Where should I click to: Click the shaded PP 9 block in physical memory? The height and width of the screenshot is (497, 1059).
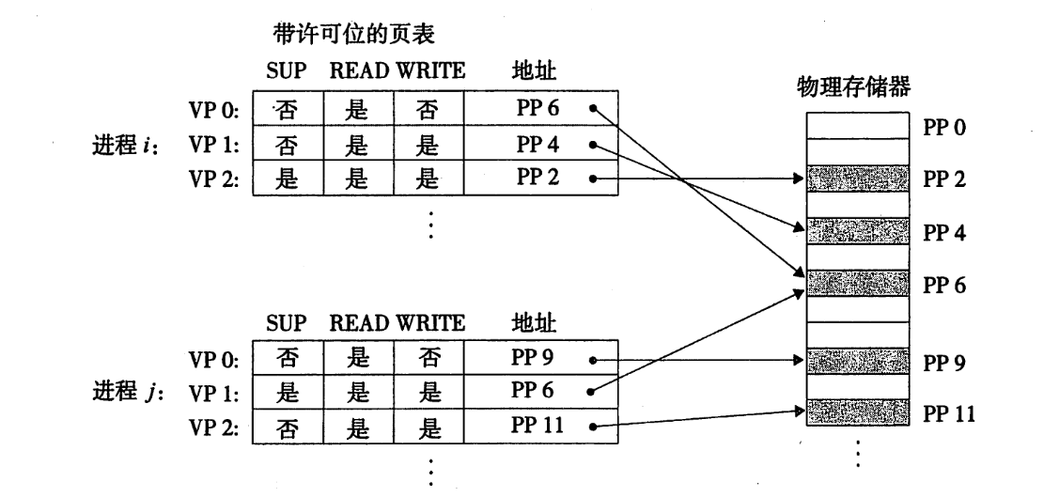click(x=858, y=359)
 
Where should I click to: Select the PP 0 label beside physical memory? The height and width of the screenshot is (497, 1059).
click(x=943, y=127)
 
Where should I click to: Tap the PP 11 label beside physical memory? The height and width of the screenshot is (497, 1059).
click(x=947, y=410)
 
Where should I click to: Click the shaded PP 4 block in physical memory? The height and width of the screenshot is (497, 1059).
click(x=858, y=228)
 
